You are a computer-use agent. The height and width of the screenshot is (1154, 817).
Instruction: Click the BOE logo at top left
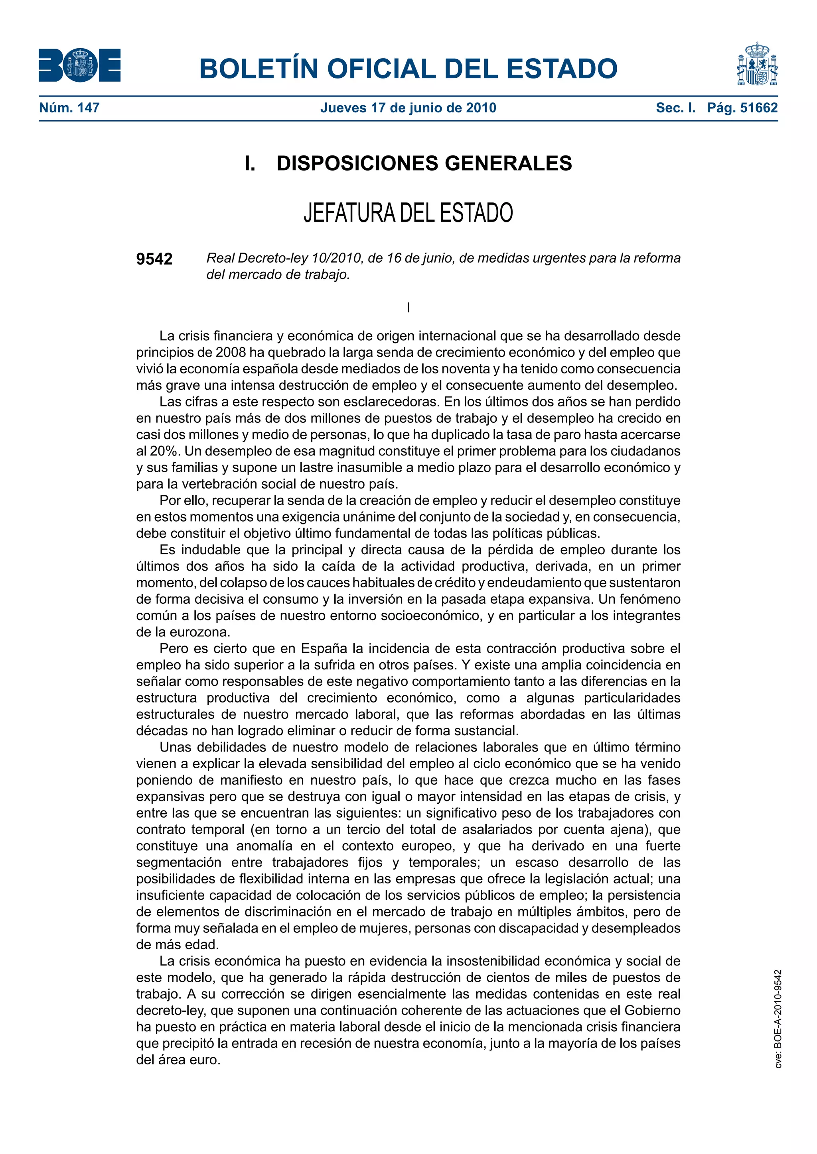[x=79, y=65]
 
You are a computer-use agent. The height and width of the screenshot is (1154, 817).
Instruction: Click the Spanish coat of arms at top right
[x=757, y=64]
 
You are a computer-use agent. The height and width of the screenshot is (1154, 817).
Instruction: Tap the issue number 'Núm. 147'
[x=69, y=108]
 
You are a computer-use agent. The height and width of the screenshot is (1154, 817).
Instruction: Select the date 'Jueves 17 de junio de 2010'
[x=408, y=108]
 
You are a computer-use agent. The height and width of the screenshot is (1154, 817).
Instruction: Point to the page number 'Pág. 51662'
[x=742, y=108]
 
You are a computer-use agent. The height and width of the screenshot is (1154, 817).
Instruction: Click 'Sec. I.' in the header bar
[x=676, y=108]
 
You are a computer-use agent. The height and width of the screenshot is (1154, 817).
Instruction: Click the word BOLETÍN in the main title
[x=259, y=69]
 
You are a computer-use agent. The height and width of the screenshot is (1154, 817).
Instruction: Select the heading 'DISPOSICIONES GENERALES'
[x=424, y=163]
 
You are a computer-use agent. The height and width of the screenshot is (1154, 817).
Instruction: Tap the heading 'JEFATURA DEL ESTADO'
[x=408, y=213]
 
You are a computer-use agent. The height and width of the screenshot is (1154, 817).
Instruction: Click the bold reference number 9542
[x=154, y=259]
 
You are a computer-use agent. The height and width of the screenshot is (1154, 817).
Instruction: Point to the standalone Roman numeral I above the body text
[x=408, y=308]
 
